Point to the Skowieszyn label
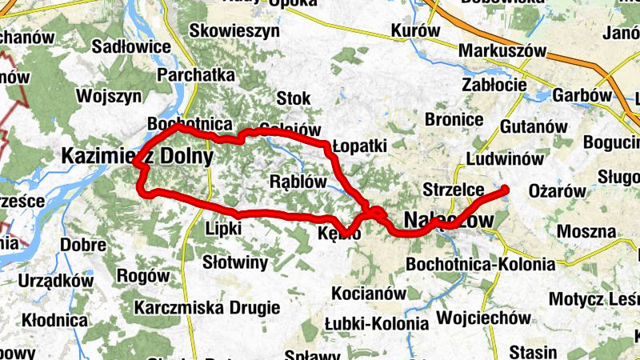click(x=234, y=30)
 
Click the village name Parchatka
click(x=196, y=74)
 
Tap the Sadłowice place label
click(x=131, y=46)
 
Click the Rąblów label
click(x=298, y=181)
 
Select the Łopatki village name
click(x=360, y=147)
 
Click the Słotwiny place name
click(x=235, y=262)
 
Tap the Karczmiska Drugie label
click(x=207, y=307)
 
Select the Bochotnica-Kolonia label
click(x=480, y=263)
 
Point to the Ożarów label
click(x=558, y=191)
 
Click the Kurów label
click(x=416, y=30)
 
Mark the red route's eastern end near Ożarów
click(x=506, y=190)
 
